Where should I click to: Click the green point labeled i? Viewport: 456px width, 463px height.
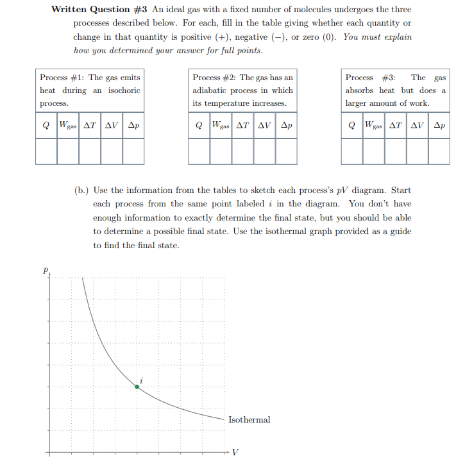[x=137, y=386]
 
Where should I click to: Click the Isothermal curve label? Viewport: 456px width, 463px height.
[x=249, y=420]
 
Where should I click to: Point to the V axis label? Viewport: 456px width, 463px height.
[x=235, y=451]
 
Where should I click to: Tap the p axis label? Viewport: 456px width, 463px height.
[x=46, y=272]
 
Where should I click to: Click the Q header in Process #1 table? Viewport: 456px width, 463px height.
[x=46, y=126]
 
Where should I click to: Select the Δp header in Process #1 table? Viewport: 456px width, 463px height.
[x=133, y=126]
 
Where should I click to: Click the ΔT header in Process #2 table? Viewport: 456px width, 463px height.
[x=242, y=126]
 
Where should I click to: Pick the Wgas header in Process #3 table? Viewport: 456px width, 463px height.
[x=373, y=126]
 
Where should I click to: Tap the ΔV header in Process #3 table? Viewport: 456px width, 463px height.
[x=417, y=126]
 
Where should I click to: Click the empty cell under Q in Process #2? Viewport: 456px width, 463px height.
[x=199, y=151]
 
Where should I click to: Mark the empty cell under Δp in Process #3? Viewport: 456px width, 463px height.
[x=439, y=151]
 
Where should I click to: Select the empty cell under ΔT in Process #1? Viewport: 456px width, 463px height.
[x=90, y=151]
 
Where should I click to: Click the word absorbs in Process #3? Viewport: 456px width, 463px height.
[x=360, y=90]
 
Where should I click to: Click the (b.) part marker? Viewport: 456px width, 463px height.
[x=81, y=190]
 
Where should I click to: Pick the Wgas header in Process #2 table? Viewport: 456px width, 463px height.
[x=221, y=126]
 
